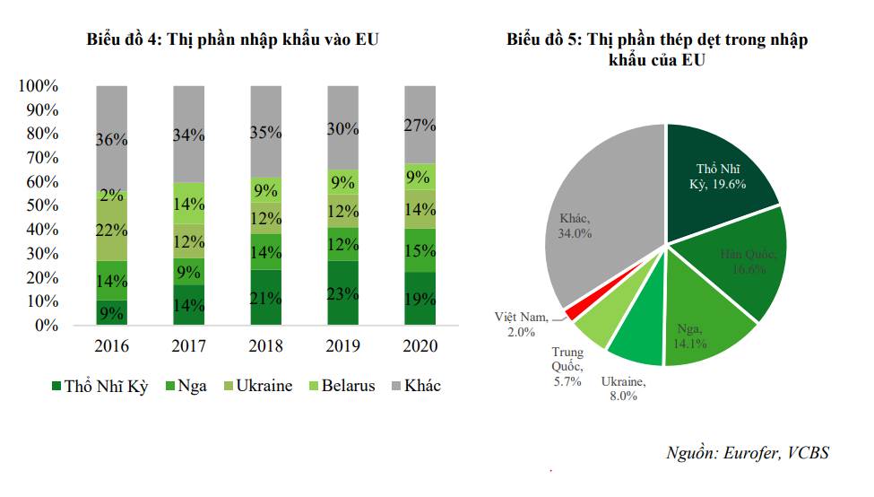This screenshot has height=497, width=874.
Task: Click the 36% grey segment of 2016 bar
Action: tap(112, 139)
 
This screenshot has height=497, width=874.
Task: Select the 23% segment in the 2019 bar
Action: tap(342, 293)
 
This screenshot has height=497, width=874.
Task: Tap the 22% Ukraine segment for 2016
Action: tap(112, 230)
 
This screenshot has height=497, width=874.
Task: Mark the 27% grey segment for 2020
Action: tap(420, 125)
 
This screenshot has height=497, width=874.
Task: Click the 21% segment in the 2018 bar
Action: tap(265, 298)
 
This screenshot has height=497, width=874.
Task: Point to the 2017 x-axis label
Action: tap(188, 346)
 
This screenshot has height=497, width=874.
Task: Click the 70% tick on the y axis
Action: tap(38, 158)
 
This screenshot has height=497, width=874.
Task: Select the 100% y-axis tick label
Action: tap(38, 86)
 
